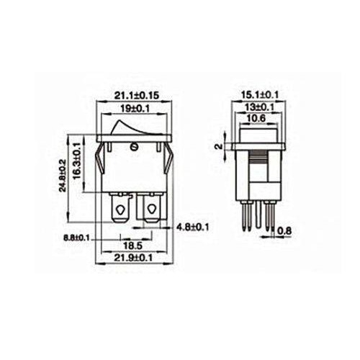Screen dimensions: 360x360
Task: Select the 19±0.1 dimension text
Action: click(135, 109)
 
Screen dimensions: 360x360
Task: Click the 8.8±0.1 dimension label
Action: click(77, 237)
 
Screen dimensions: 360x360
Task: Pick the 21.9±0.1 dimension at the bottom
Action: click(135, 257)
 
